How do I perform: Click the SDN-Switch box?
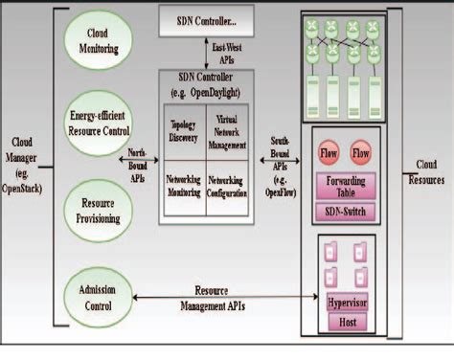[348, 210]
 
